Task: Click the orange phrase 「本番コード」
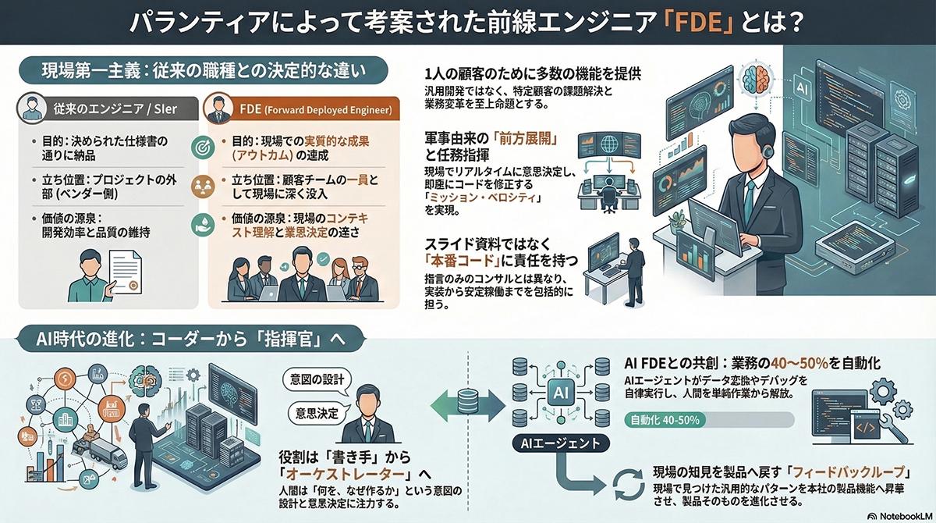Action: point(467,258)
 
